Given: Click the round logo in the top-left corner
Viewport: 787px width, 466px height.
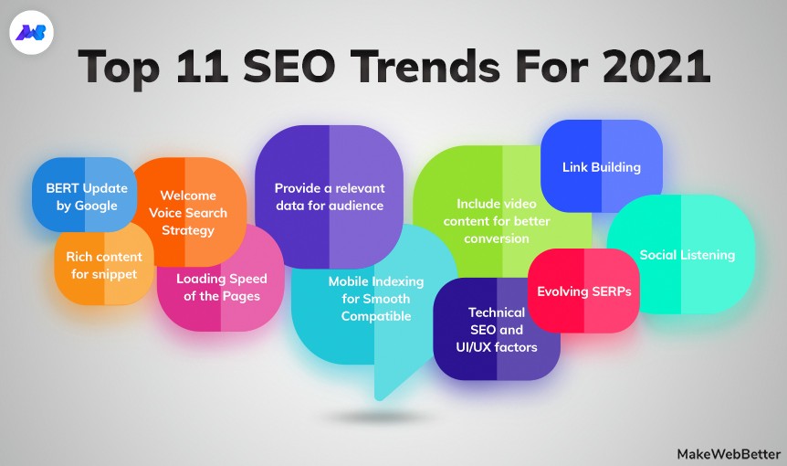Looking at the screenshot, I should pyautogui.click(x=33, y=34).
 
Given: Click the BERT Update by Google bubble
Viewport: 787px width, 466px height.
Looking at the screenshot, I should pyautogui.click(x=87, y=196).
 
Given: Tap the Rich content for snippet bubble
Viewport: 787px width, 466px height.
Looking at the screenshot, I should pyautogui.click(x=103, y=265).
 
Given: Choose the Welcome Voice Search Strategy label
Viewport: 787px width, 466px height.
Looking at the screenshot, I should pyautogui.click(x=188, y=212).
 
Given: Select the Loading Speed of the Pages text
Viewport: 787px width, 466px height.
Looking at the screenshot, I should pyautogui.click(x=218, y=287).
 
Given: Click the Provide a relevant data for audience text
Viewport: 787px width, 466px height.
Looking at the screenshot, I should pyautogui.click(x=329, y=196).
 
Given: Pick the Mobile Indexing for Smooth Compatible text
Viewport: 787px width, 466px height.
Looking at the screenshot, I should pyautogui.click(x=370, y=299).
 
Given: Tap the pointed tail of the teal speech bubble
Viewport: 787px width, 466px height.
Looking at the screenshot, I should pyautogui.click(x=383, y=388).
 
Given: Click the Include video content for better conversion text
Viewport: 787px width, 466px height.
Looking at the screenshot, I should pyautogui.click(x=496, y=220).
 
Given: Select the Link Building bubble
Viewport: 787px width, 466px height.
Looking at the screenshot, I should pyautogui.click(x=601, y=167).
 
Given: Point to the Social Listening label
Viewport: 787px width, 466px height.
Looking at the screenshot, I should pyautogui.click(x=687, y=255).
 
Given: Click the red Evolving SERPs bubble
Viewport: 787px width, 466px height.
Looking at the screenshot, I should pyautogui.click(x=583, y=291).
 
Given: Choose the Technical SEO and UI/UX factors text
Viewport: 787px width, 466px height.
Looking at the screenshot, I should pyautogui.click(x=497, y=329).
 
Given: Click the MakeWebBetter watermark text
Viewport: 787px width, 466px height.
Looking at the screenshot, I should pyautogui.click(x=729, y=453).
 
